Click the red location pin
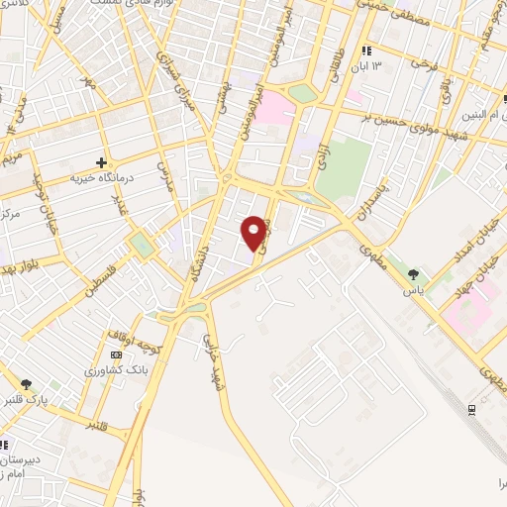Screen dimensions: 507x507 (x=254, y=232)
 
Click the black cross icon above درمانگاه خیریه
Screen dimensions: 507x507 (x=100, y=162)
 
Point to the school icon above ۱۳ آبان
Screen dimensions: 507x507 (x=366, y=51)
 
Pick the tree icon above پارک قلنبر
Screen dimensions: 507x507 (x=26, y=384)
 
